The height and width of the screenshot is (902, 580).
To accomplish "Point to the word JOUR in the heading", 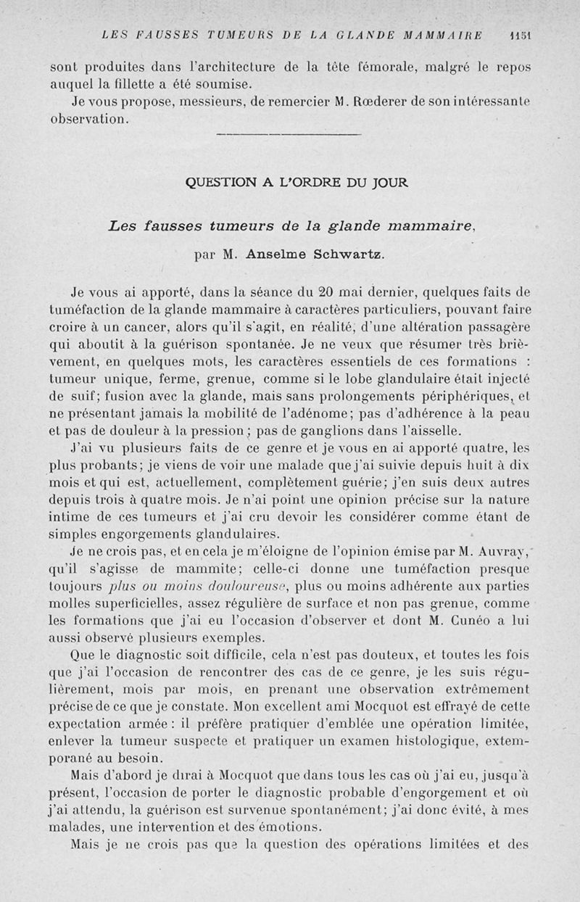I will click(391, 183).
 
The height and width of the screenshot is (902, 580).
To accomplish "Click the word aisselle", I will click(452, 427).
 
